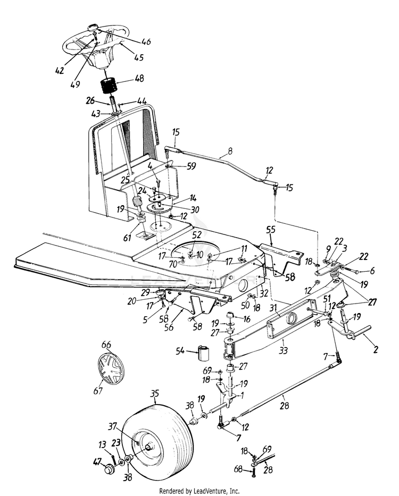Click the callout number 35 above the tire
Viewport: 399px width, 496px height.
point(155,394)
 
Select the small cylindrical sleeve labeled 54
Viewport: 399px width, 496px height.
point(205,352)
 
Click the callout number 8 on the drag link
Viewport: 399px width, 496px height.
point(229,151)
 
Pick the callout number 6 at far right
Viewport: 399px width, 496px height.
point(372,271)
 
